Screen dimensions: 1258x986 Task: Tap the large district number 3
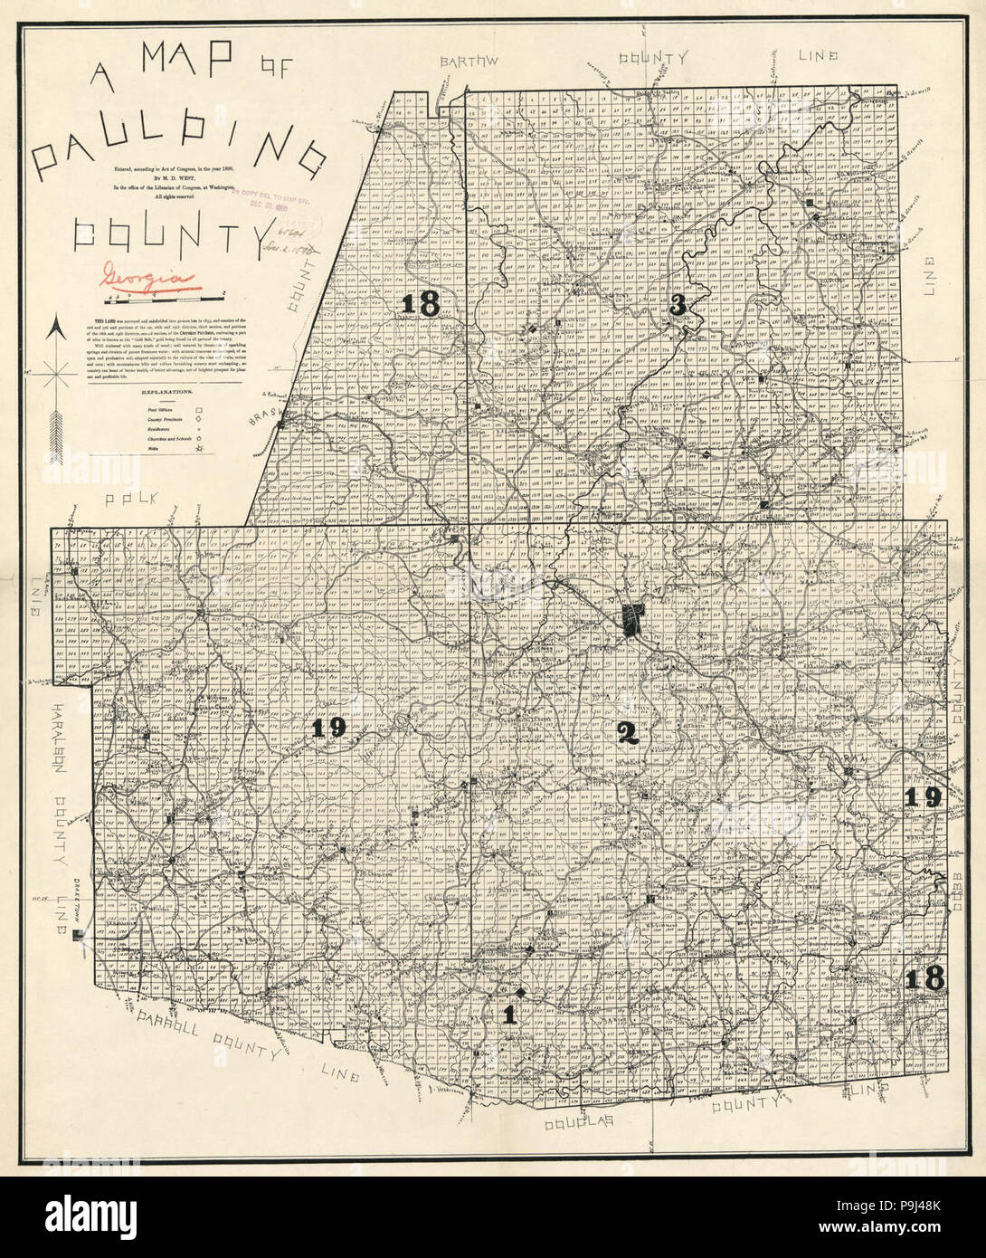point(678,306)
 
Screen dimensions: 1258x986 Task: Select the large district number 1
point(509,1015)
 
